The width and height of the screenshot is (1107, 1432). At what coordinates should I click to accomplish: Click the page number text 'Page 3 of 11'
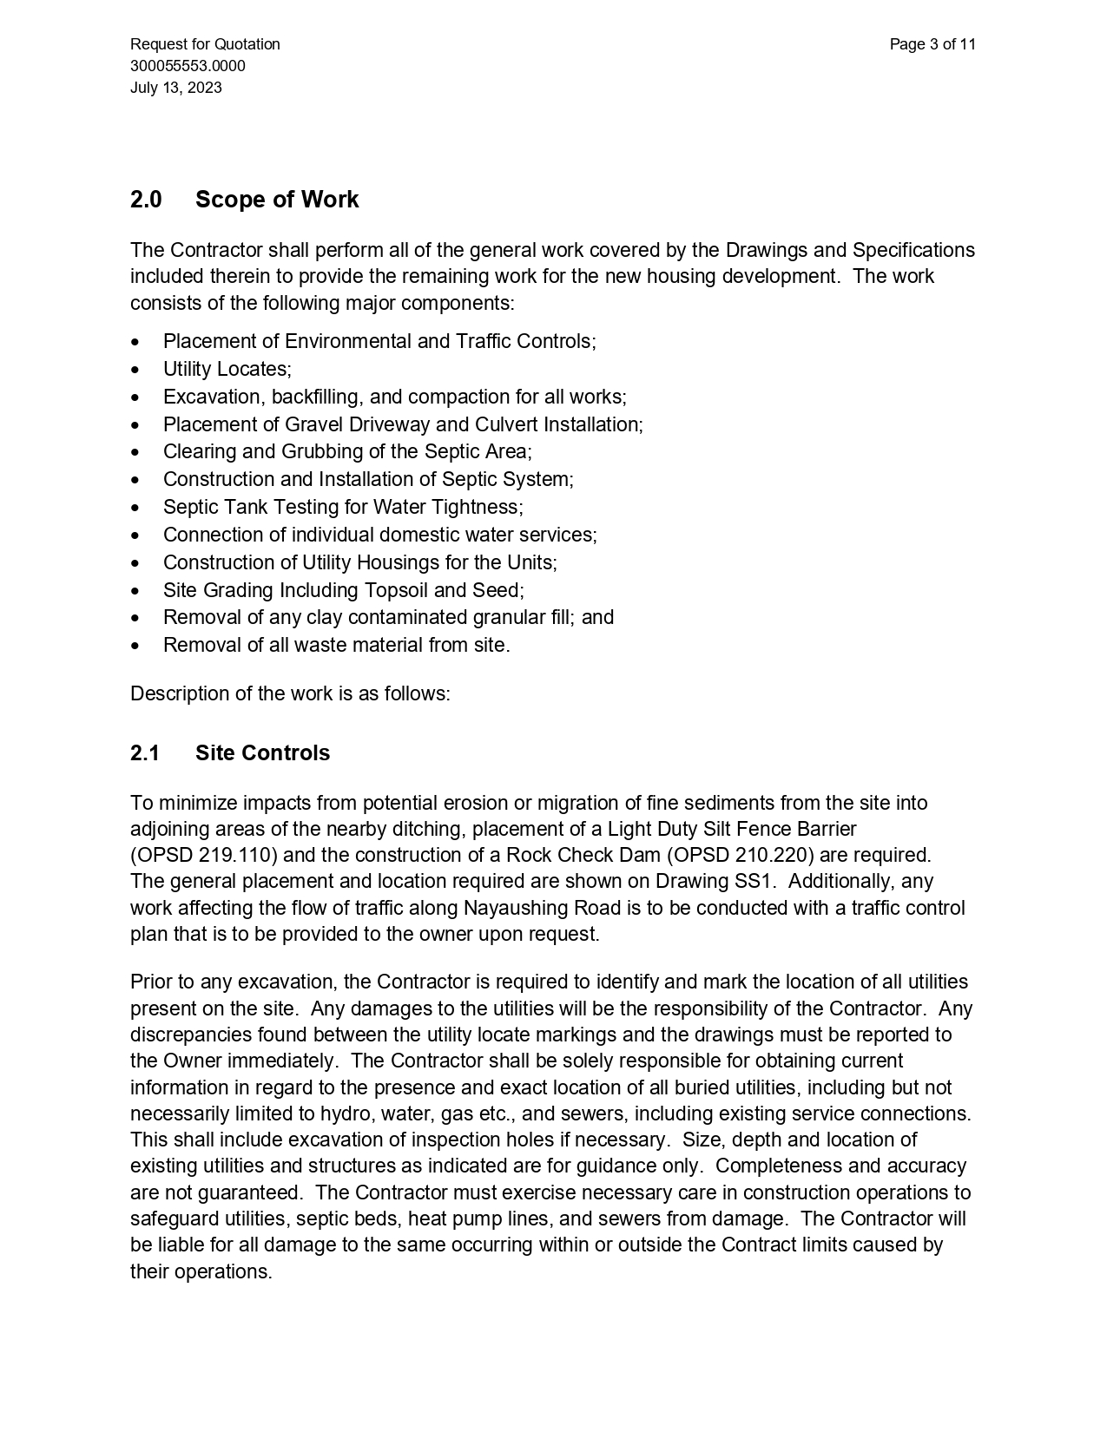(932, 44)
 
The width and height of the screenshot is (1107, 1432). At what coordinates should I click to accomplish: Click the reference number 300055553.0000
(188, 66)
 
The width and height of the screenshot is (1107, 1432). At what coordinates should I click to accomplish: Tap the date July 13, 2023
(176, 88)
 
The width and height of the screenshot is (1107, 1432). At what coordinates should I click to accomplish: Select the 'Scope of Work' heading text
(277, 200)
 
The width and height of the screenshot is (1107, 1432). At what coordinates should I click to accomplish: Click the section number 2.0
(146, 200)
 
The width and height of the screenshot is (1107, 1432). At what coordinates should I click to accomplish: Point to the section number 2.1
(145, 752)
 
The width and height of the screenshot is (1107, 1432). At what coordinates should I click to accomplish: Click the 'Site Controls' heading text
(262, 752)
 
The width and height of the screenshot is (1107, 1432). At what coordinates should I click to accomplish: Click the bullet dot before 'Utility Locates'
(135, 370)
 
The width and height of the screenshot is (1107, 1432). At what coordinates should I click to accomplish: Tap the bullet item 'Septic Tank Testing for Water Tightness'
(343, 507)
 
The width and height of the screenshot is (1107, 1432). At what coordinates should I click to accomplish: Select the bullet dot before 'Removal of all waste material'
(135, 646)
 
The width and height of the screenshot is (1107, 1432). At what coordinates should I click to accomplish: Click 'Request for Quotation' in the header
(205, 44)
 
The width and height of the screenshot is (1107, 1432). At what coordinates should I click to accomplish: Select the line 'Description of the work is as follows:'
(290, 694)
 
